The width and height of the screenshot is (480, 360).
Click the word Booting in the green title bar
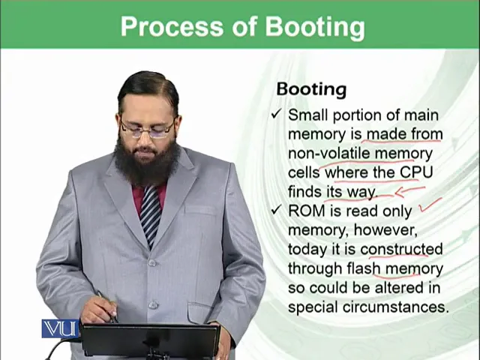(315, 27)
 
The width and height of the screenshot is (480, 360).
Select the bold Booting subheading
(312, 90)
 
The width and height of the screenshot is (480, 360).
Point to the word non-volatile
(329, 153)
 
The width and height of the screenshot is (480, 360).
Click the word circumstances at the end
(395, 307)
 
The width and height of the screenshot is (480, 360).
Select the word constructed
(401, 249)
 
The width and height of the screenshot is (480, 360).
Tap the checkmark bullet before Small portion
(276, 115)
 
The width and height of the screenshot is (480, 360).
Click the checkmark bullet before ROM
(276, 210)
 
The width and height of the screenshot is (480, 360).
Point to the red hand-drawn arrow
(410, 191)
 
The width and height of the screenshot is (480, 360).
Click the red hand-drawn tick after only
(430, 205)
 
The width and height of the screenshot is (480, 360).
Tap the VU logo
(60, 328)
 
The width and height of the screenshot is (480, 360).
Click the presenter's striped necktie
(151, 214)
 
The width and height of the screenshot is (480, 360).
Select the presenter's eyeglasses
(148, 128)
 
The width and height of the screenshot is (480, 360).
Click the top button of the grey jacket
(151, 262)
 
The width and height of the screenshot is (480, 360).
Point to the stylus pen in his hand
(106, 307)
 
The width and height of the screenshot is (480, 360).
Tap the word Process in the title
(172, 27)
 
